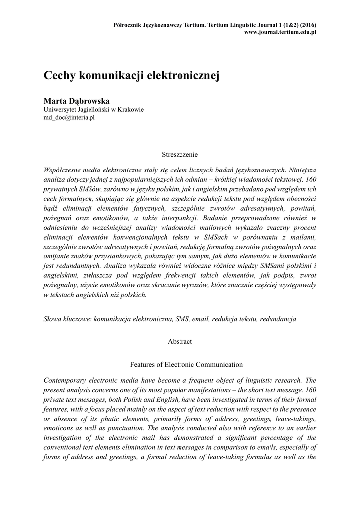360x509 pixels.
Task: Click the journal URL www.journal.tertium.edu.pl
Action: tap(281, 32)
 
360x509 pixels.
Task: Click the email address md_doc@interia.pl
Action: tap(70, 118)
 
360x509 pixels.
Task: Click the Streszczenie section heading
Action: tap(180, 155)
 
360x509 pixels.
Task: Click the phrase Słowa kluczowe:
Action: tap(68, 319)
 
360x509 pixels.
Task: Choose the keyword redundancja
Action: tap(278, 319)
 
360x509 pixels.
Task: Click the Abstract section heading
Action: tap(180, 342)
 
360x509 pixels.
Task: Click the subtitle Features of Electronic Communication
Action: tap(180, 364)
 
